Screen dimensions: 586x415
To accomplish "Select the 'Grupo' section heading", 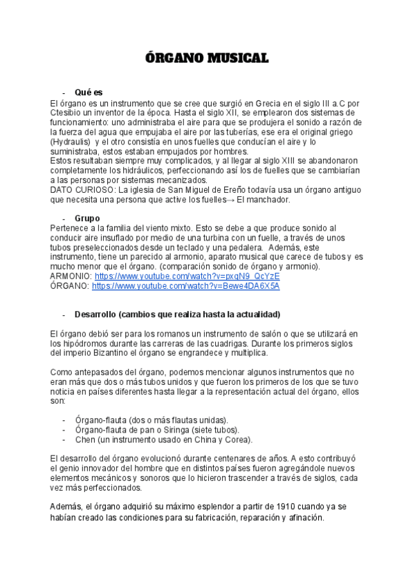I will point(88,218).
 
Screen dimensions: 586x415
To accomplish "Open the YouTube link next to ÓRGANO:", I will point(185,285).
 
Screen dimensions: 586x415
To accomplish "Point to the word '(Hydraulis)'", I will point(73,142).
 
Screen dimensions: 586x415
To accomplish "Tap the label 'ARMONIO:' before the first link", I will point(71,276).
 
